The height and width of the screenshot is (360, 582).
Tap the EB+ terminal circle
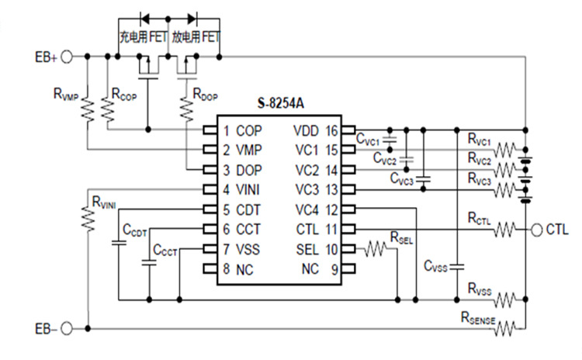coord(67,57)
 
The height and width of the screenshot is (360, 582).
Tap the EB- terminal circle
coord(67,328)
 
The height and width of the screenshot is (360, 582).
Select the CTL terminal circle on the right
coord(536,230)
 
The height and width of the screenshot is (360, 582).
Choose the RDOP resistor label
coord(205,94)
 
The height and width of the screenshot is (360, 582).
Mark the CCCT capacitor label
coord(165,251)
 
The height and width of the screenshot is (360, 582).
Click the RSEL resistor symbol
coord(376,249)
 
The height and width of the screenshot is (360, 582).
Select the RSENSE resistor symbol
coord(505,328)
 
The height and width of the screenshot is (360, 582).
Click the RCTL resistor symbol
coord(505,230)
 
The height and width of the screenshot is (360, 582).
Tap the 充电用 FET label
coord(143,36)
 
